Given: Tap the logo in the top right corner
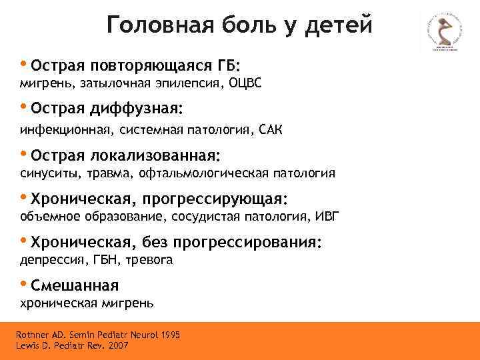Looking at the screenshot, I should click(x=441, y=34).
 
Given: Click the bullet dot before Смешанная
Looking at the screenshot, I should click(x=24, y=285).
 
